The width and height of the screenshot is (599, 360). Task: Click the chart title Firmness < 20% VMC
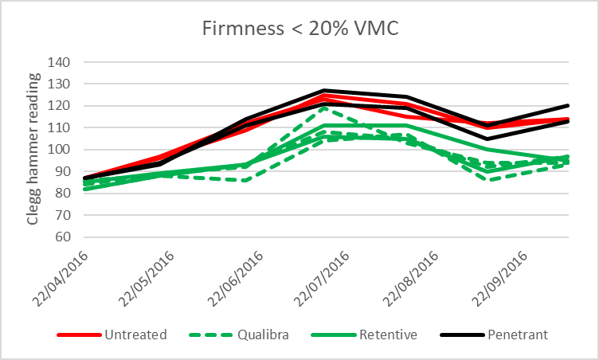(x=299, y=29)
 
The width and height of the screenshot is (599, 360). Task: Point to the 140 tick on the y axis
(x=61, y=62)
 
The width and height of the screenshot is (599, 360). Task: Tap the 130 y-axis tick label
(x=61, y=84)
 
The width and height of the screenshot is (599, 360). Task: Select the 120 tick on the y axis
(x=61, y=106)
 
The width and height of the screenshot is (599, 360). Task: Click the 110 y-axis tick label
(x=61, y=127)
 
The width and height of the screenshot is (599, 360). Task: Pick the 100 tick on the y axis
(x=61, y=150)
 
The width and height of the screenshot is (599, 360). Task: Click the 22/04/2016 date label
(x=65, y=277)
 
